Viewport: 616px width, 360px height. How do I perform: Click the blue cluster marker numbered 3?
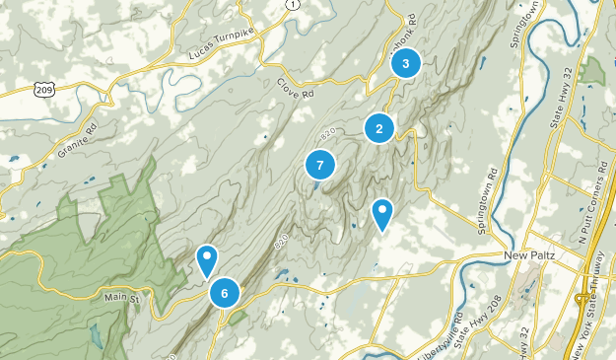(x=405, y=64)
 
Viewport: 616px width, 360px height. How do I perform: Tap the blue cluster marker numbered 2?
(x=378, y=128)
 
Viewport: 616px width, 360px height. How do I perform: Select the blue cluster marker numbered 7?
(x=319, y=166)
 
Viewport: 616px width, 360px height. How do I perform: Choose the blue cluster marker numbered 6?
(x=225, y=292)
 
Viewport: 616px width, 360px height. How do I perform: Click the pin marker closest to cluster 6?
(x=206, y=260)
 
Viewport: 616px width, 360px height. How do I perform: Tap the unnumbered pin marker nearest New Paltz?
(x=382, y=214)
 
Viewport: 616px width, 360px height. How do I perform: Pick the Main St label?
(x=123, y=294)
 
